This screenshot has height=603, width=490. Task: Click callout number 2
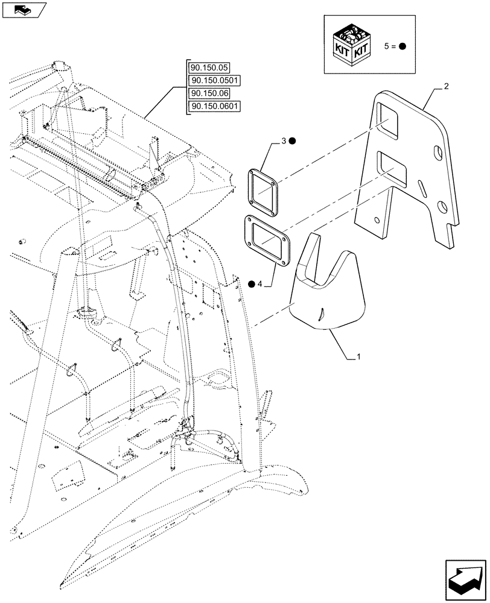[446, 87]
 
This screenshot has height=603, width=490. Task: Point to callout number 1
[359, 357]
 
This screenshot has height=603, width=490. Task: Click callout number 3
[282, 142]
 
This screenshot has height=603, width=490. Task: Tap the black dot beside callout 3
[292, 142]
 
